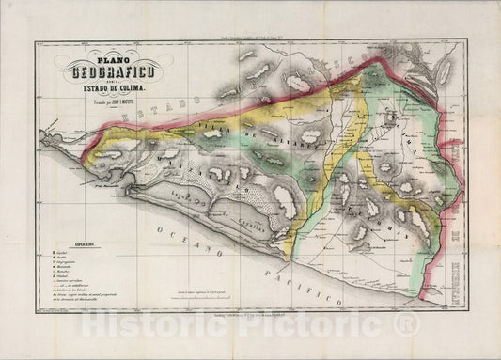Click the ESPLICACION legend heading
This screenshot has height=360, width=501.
click(64, 241)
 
